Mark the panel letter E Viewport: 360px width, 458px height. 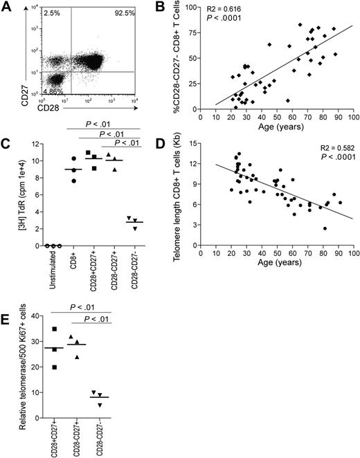pos(9,320)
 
